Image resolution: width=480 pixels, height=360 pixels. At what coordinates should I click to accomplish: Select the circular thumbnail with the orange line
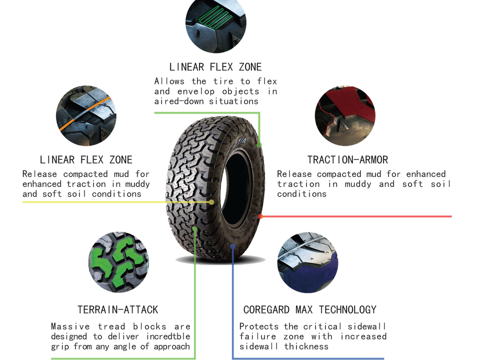(86, 116)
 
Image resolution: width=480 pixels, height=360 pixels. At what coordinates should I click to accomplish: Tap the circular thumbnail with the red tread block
(345, 115)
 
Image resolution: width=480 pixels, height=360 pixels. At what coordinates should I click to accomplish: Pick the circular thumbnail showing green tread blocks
(118, 262)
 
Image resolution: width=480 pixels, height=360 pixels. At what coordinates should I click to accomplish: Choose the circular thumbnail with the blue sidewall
(308, 262)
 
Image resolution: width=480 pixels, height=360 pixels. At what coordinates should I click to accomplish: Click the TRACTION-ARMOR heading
(348, 159)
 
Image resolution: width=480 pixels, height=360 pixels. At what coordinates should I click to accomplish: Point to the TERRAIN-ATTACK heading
(118, 309)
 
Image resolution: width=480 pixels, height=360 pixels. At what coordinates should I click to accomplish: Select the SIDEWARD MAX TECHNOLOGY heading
(310, 309)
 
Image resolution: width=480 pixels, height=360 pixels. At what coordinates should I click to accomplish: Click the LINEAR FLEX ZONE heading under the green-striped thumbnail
(215, 66)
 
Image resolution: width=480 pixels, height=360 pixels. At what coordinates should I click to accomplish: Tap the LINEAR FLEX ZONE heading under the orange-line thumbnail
(86, 159)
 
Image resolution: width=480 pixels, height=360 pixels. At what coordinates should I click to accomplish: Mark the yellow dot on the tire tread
(211, 202)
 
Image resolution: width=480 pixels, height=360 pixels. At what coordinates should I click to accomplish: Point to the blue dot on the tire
(233, 245)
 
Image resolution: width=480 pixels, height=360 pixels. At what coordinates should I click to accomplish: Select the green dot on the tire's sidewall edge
(259, 144)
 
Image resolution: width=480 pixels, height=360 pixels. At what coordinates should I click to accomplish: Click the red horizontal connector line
(357, 216)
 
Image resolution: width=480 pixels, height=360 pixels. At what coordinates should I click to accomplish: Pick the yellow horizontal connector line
(115, 202)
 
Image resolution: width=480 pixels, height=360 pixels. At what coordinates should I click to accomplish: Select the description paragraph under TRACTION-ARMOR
(363, 183)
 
